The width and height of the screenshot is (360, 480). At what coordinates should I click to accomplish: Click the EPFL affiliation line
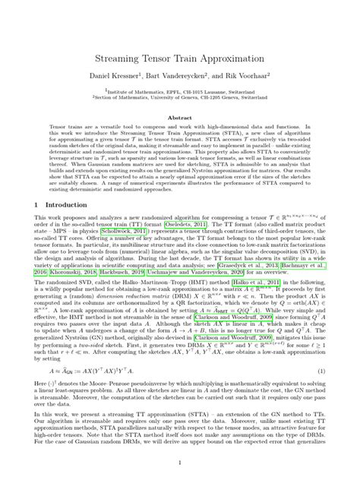coord(180,90)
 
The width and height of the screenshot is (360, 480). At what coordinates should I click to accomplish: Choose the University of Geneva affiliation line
coord(180,97)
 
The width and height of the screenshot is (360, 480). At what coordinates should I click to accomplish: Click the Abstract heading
coord(180,118)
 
